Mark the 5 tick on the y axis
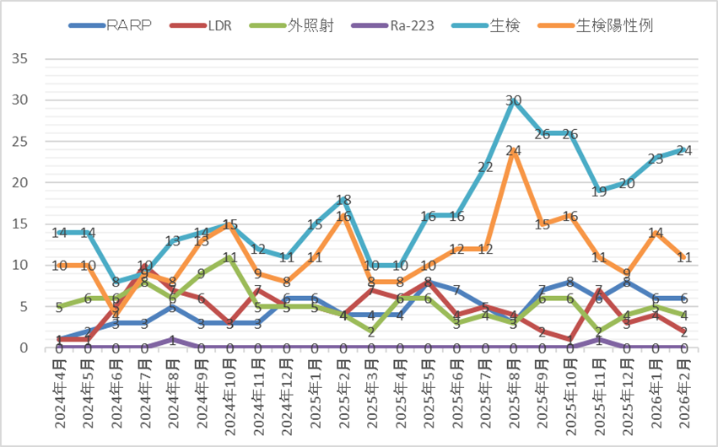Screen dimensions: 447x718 (25, 307)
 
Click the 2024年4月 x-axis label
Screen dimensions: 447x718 (59, 396)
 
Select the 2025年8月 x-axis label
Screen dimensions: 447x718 (514, 396)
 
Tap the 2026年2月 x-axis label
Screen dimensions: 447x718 (684, 396)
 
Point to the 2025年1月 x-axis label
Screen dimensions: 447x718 (315, 396)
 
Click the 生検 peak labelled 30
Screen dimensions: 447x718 (514, 100)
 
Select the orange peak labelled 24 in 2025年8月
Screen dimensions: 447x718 (514, 150)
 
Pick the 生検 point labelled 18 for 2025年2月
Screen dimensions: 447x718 (343, 200)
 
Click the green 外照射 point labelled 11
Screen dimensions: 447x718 (229, 257)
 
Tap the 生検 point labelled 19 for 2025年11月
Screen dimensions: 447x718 (599, 191)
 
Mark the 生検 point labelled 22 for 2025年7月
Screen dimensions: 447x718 (485, 166)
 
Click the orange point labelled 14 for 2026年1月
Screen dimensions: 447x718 (656, 233)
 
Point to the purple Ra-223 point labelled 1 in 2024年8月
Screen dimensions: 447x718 (173, 340)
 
